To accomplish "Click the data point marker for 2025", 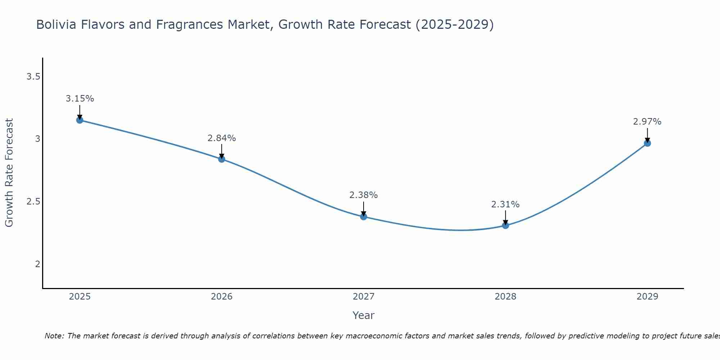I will (80, 120).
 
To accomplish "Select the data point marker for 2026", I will (222, 159).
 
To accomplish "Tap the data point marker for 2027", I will (364, 216).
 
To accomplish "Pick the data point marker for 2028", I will (505, 225).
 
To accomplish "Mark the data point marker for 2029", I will (647, 143).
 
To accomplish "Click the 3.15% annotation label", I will (80, 99).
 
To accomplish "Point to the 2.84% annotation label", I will (222, 138).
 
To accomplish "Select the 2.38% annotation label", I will (364, 195).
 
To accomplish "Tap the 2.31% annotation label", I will (505, 204).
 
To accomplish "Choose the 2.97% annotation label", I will (647, 122).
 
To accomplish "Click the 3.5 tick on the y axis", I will (33, 76).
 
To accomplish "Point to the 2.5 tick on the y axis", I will (33, 202).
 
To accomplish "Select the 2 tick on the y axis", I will (37, 264).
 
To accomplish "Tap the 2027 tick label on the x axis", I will (364, 297).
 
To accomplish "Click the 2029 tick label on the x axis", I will (647, 297).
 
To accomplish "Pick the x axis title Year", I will (364, 315).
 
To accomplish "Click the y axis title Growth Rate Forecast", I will (9, 173).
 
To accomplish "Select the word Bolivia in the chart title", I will (56, 24).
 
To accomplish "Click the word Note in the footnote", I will (54, 336).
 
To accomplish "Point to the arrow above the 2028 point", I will (505, 217).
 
